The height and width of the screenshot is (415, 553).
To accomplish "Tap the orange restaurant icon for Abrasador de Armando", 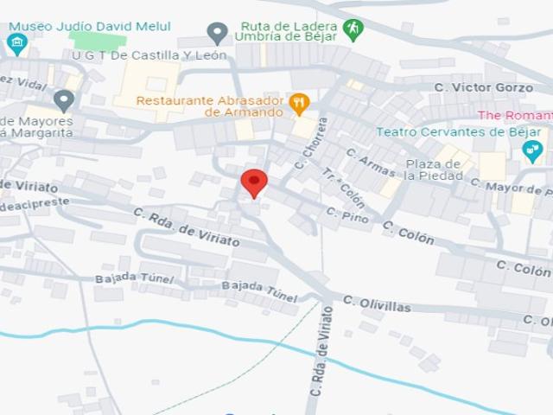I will [x=299, y=104].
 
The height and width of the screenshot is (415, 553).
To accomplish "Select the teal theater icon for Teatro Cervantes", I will [x=533, y=151].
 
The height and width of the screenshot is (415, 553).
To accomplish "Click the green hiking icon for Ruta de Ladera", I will [x=353, y=29].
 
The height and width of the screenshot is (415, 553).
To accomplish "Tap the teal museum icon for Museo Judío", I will [x=16, y=42].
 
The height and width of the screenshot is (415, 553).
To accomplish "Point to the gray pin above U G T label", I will [x=218, y=34].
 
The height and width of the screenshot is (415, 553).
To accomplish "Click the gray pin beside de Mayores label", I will [x=63, y=100].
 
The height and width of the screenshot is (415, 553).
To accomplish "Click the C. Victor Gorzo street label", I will [x=483, y=87].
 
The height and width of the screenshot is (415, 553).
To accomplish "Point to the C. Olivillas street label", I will [x=377, y=303].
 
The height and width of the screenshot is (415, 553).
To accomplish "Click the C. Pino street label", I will [x=347, y=215].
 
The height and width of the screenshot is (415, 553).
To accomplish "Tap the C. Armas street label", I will [x=370, y=163].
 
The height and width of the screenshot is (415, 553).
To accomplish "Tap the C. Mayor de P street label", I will [x=509, y=188].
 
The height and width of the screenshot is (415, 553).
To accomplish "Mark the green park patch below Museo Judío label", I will [x=97, y=40].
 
